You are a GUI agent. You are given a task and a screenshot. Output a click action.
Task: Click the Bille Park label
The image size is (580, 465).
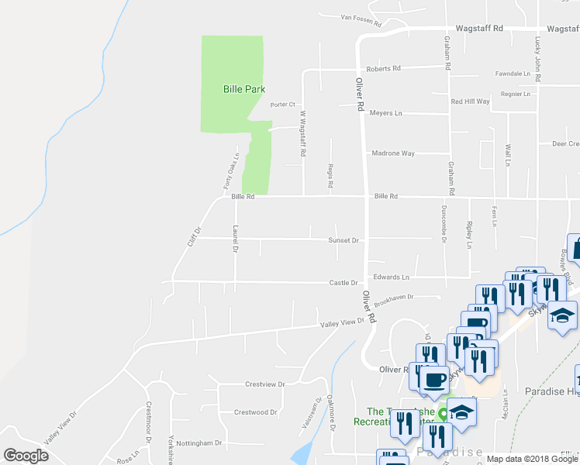(244, 90)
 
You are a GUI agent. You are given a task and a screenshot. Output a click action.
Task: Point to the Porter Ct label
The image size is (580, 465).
(283, 105)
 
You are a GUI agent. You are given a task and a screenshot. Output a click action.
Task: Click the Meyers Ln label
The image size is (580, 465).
(386, 113)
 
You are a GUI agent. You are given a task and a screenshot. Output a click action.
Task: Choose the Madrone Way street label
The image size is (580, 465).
(393, 153)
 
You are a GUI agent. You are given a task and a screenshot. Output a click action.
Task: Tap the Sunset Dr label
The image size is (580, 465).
(344, 240)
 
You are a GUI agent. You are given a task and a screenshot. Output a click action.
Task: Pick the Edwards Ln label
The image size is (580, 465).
(391, 277)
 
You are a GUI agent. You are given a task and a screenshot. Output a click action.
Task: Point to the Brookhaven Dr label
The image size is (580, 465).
(395, 297)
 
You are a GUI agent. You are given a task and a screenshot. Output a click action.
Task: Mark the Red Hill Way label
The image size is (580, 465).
(471, 102)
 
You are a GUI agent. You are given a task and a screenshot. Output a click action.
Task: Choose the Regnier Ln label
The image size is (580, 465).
(516, 95)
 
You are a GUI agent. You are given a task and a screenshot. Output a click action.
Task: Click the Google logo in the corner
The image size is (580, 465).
(26, 456)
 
